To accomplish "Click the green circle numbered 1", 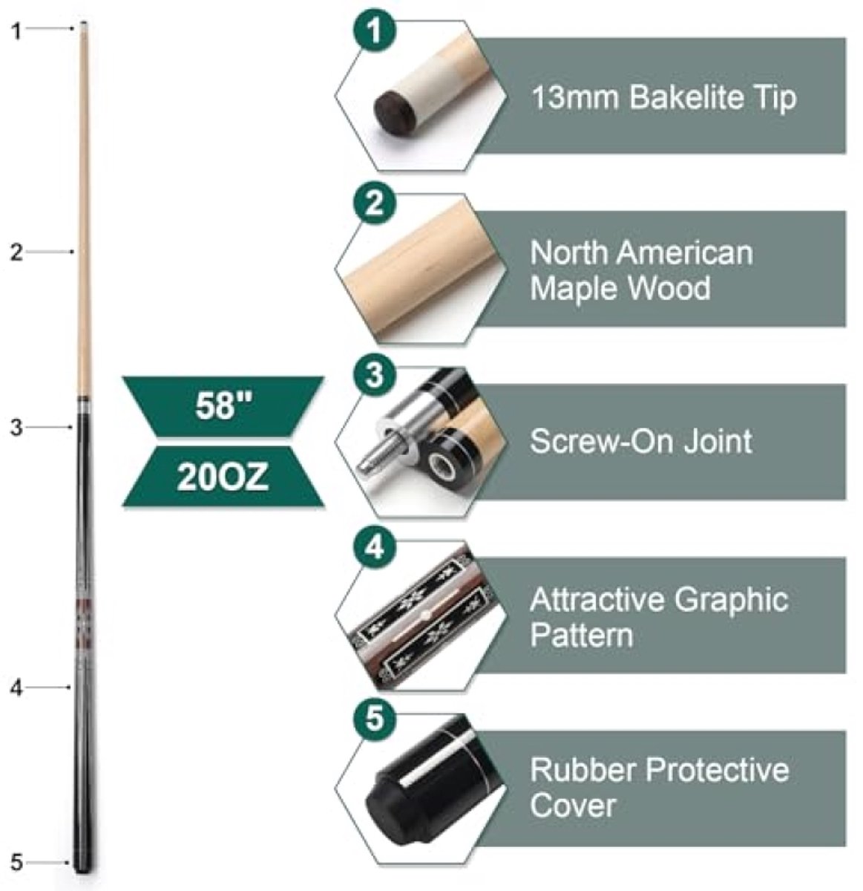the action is click(x=374, y=30).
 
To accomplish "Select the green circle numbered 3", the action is click(x=374, y=375).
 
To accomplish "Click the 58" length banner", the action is click(x=223, y=406).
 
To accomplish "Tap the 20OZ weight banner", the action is click(x=223, y=477).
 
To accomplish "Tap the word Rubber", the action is click(x=583, y=770).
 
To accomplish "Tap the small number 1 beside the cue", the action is click(x=16, y=32).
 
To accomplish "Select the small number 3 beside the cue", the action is click(x=16, y=428).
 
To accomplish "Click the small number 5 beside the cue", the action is click(x=16, y=863).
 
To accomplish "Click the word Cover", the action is click(x=573, y=806).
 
